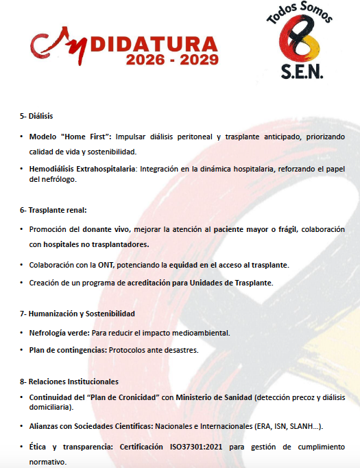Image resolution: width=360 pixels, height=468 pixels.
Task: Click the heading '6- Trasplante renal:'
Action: point(53,210)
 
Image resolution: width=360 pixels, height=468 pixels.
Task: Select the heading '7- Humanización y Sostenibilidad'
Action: point(77,314)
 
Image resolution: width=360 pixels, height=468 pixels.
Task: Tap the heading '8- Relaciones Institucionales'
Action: point(69,381)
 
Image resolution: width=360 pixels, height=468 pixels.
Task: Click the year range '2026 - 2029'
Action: point(172,60)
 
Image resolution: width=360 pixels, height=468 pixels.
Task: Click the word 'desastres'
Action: point(180,350)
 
